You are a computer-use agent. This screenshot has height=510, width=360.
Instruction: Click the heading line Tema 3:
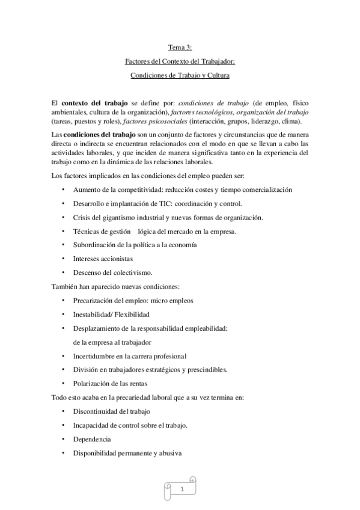[x=180, y=46]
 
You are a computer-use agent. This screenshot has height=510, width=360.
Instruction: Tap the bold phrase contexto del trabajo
[x=94, y=103]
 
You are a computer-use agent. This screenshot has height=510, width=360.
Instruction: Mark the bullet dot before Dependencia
[x=64, y=439]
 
